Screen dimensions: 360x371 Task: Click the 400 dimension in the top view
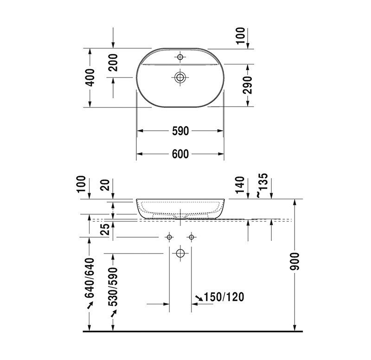pos(90,77)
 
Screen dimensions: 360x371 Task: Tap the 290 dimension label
pos(249,85)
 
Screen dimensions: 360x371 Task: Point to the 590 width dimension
pos(180,131)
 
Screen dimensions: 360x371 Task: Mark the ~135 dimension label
pos(262,185)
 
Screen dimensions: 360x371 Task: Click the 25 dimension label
pos(104,228)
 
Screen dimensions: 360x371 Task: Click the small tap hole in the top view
pos(180,57)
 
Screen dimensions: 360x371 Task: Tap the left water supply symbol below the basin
pos(169,237)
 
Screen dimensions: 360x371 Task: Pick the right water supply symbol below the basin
pos(191,237)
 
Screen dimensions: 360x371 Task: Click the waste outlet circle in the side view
pos(180,253)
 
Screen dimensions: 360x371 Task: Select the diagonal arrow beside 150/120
pos(198,297)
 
